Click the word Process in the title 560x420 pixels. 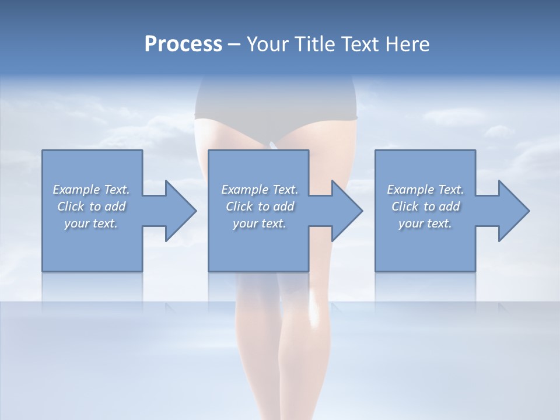183,44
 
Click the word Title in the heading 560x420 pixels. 313,44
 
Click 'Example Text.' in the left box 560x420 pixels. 91,190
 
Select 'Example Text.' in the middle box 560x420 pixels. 259,190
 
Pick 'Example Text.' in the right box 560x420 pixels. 425,190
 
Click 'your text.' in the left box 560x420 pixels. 91,223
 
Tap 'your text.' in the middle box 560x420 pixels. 259,223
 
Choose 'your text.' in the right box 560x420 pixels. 425,223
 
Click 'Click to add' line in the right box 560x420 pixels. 425,206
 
